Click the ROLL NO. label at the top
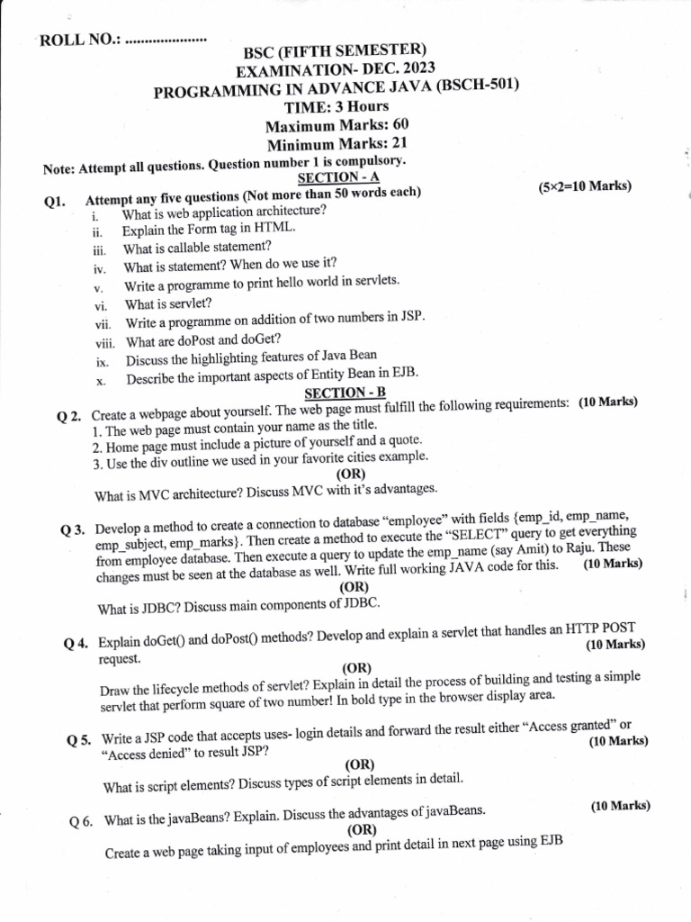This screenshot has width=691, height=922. pos(79,41)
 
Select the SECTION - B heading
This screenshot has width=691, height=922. pos(337,393)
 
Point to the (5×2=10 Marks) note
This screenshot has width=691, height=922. pos(585,186)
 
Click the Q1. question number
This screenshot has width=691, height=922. pos(56,203)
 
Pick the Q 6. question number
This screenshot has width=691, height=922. pos(82,822)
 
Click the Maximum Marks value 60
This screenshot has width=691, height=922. pos(400,125)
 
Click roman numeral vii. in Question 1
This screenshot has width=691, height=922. pos(103,323)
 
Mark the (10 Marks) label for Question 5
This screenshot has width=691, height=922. pos(619,741)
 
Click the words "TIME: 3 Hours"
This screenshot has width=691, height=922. pos(337,106)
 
